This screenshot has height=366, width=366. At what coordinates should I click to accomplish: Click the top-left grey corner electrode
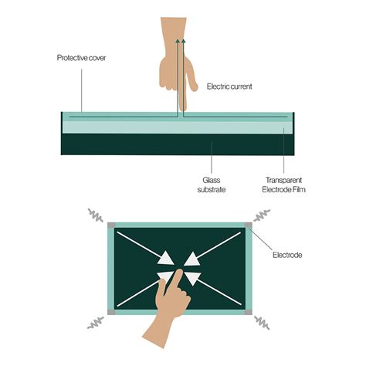(x=111, y=225)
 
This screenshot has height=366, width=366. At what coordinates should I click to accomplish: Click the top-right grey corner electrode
(x=248, y=225)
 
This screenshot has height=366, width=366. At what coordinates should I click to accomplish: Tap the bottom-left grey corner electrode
(x=111, y=313)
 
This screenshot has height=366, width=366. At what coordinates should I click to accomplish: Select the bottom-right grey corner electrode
(x=248, y=313)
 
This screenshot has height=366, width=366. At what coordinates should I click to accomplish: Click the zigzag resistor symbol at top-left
(x=96, y=214)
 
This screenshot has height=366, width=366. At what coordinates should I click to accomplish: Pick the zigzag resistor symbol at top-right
(x=263, y=214)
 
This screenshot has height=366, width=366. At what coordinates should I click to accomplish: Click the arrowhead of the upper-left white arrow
(x=164, y=257)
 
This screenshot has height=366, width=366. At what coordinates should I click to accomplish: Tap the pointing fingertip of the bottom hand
(x=177, y=273)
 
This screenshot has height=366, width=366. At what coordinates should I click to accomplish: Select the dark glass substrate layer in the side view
(x=178, y=144)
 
